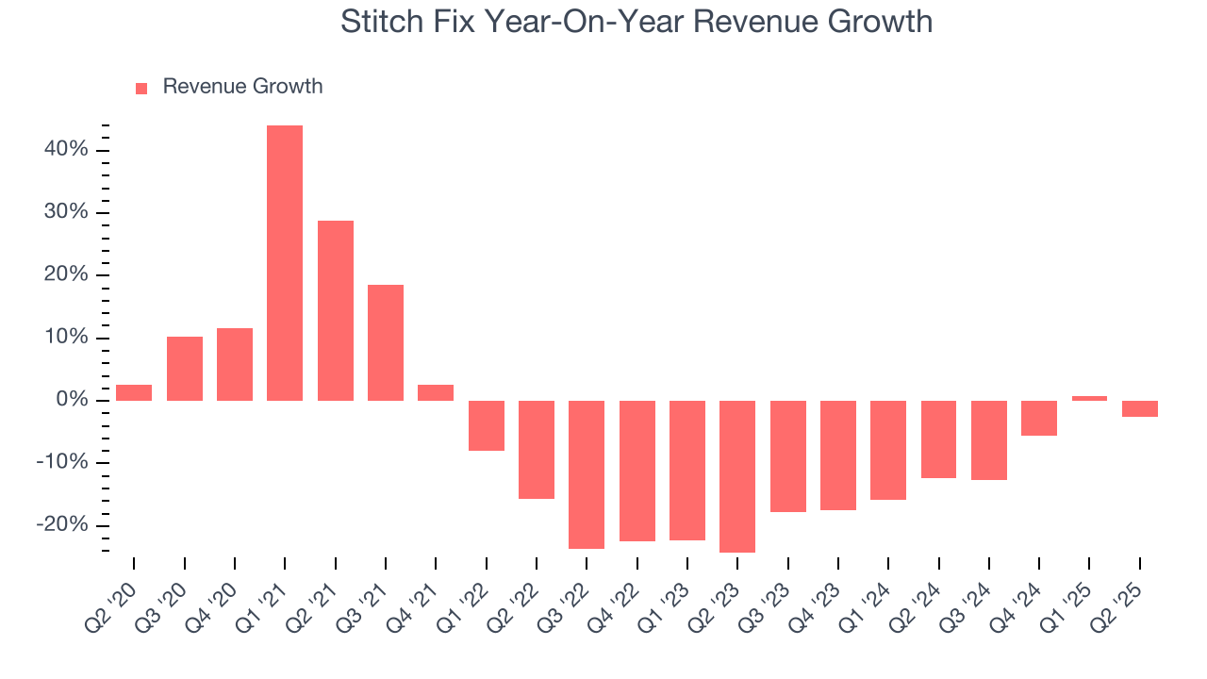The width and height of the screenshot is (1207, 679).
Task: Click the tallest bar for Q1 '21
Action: coord(285,263)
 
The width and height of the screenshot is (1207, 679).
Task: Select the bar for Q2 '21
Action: coord(335,310)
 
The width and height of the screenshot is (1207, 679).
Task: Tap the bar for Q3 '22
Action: coord(587,474)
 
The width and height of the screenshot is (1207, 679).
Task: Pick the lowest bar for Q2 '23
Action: coord(737,476)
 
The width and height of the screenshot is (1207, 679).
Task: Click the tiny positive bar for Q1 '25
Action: coord(1089,398)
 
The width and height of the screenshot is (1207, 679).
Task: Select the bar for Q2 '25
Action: coord(1140,408)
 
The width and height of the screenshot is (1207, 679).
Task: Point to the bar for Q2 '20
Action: coord(134,392)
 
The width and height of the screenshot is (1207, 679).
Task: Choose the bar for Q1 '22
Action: coord(486,425)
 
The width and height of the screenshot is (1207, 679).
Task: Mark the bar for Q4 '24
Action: coord(1039,418)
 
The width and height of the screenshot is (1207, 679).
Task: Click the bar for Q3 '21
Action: coord(386,342)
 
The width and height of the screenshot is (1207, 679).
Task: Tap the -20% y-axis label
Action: coord(62,525)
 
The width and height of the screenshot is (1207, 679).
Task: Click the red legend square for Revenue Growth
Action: coord(141,88)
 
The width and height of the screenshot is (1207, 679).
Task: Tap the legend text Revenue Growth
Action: coord(242,87)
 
